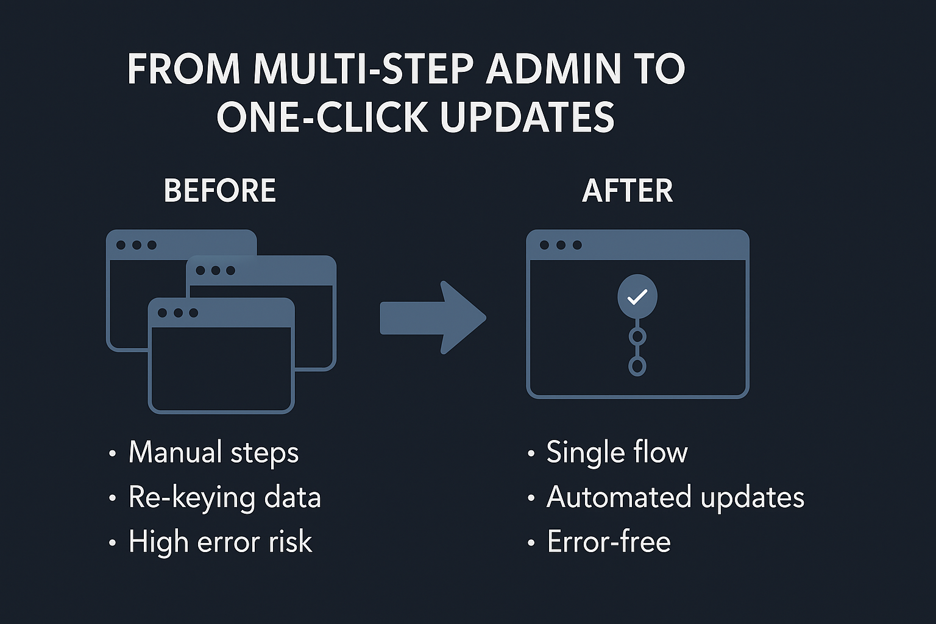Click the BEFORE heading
pos(220,191)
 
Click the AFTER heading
pos(627,191)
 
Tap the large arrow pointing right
pos(433,317)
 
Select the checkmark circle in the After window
pos(637,296)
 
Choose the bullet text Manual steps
pos(213,453)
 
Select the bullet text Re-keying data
pos(225,498)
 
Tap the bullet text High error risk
pos(220,542)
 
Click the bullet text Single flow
pos(617,452)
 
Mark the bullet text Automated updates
pos(675,498)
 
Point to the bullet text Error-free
pos(608,541)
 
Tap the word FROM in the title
pos(184,68)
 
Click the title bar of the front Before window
pos(221,313)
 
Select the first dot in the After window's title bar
pos(544,245)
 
